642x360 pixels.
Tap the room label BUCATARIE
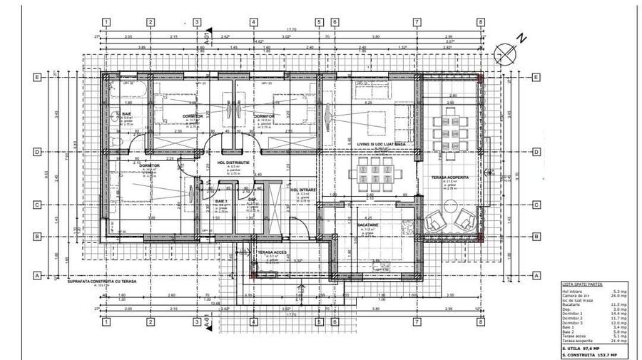point(367,225)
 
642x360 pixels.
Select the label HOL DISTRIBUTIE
point(233,163)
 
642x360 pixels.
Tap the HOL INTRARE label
point(304,190)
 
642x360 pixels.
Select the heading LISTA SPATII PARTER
point(581,283)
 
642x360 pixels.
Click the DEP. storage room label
point(253,200)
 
